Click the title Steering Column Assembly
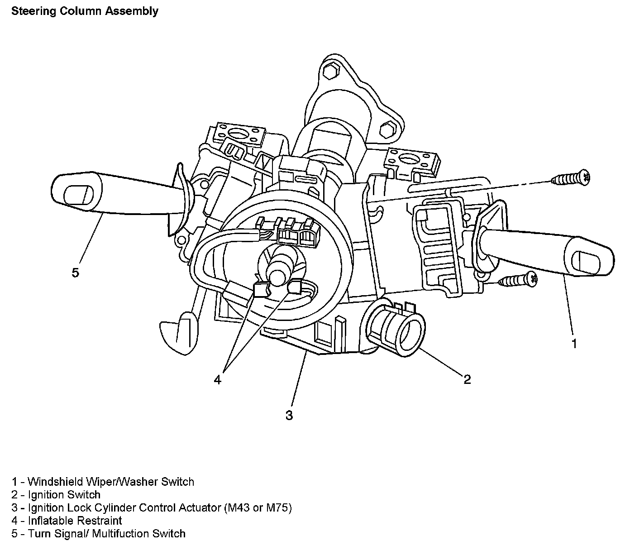click(85, 11)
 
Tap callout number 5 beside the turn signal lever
click(75, 273)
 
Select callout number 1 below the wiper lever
click(574, 344)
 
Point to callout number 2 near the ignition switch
click(467, 379)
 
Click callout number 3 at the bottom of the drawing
click(289, 415)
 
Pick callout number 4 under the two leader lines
click(218, 380)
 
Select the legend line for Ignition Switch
click(56, 495)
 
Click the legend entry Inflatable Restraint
click(67, 521)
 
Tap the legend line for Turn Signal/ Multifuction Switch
click(99, 534)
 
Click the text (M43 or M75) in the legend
click(258, 508)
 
